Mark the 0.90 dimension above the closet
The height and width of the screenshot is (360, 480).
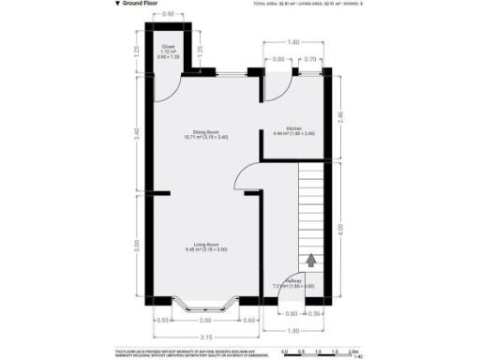click(x=169, y=14)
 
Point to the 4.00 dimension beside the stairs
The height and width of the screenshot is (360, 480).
click(x=340, y=229)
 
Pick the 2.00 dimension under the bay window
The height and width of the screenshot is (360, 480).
click(x=204, y=320)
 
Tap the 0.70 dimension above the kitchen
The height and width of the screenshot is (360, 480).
click(x=309, y=59)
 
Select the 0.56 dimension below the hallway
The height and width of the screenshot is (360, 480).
click(x=315, y=313)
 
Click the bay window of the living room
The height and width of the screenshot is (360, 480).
click(x=204, y=304)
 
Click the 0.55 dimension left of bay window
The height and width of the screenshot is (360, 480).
click(x=163, y=320)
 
